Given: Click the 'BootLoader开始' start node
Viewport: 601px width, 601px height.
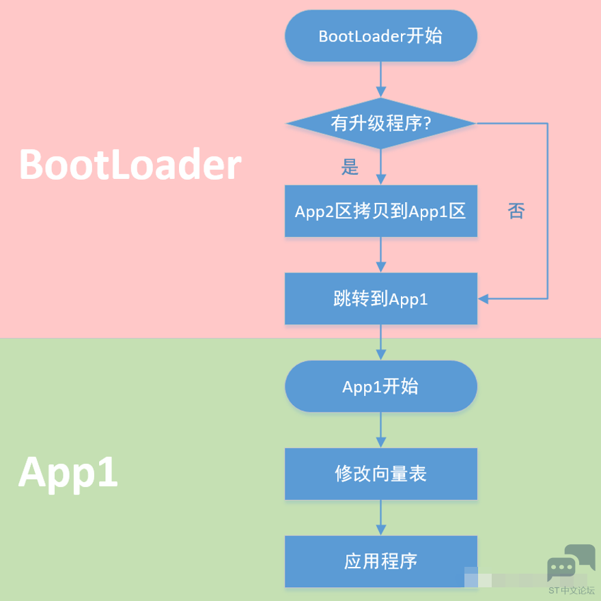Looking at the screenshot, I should [x=380, y=36].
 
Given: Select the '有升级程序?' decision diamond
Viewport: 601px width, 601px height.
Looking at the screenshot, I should [x=380, y=124].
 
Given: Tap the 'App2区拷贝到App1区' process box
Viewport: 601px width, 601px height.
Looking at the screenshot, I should [x=380, y=211].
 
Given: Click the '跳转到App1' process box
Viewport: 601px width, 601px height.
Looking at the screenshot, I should [x=380, y=298].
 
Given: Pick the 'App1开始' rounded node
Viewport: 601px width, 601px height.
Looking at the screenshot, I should [x=380, y=387].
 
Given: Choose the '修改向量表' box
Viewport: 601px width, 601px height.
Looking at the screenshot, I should [x=380, y=474].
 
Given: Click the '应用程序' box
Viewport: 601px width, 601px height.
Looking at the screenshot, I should [x=380, y=561].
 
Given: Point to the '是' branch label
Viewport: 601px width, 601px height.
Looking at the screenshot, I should [x=350, y=167].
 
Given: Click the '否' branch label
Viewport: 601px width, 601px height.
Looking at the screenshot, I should [x=516, y=211].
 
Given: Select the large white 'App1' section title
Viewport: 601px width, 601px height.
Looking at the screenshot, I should [x=68, y=472].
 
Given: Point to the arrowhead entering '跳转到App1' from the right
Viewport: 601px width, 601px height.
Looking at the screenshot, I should [x=484, y=298].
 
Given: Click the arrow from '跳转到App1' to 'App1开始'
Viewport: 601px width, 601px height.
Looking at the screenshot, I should [x=380, y=342].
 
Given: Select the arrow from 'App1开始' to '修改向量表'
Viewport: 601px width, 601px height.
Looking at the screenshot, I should [x=380, y=430].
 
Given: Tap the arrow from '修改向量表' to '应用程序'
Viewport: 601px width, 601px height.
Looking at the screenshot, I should [x=380, y=518].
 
